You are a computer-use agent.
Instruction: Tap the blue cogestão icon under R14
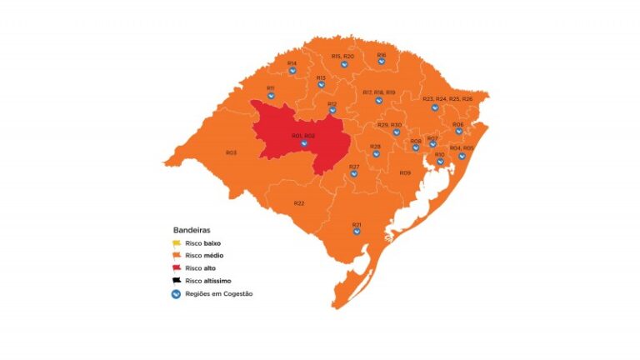tap(292, 71)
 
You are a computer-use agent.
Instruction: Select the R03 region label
tap(231, 152)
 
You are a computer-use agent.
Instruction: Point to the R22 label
tap(299, 203)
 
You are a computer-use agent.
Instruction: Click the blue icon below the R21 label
tap(357, 232)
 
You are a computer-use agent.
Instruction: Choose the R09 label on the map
tap(405, 172)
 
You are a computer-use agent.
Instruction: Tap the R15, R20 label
tap(342, 55)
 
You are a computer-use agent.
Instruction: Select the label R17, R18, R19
tap(379, 92)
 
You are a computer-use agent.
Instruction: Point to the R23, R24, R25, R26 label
tap(447, 98)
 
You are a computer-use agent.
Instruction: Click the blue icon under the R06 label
tap(458, 131)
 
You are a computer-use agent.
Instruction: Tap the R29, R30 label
tap(389, 124)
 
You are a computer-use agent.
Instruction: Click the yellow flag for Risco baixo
tap(177, 242)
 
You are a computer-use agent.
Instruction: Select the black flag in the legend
tap(177, 281)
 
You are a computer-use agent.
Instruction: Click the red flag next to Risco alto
tap(177, 267)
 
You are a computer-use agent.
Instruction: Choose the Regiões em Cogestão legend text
tap(219, 294)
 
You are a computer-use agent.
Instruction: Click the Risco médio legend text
tap(205, 255)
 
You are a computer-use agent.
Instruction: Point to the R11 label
tap(271, 87)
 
